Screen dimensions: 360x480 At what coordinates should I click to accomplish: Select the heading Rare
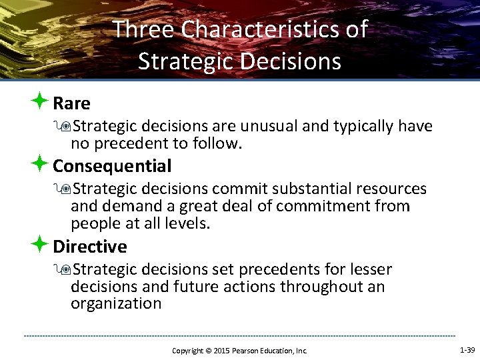pos(71,104)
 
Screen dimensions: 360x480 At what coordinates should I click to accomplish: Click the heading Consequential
pos(112,166)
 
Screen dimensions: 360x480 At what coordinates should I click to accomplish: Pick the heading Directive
pos(89,247)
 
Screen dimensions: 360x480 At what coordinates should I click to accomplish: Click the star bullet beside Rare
pos(39,103)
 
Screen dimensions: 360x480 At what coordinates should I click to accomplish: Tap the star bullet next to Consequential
pos(39,165)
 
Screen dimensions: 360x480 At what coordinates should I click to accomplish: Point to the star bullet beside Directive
pos(39,245)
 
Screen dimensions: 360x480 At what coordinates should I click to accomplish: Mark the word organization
pos(116,304)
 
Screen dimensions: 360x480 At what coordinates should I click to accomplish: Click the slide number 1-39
pos(467,350)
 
